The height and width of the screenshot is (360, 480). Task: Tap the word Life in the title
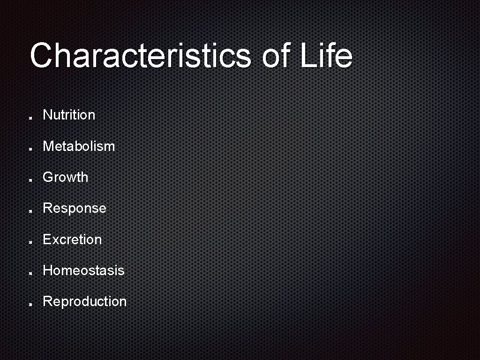[x=326, y=55]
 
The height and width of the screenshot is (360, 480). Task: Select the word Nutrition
[x=69, y=115]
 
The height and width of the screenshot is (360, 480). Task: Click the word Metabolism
[x=79, y=146]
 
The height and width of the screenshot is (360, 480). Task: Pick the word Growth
[x=65, y=177]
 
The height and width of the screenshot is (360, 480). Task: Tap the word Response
[x=75, y=208]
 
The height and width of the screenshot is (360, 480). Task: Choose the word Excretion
[x=72, y=240]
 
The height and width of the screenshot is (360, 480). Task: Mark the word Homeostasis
[x=83, y=270]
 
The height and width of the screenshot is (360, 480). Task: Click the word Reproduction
[x=84, y=301]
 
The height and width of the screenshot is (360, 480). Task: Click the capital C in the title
[x=41, y=55]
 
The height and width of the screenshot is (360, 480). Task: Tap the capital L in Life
[x=307, y=55]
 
